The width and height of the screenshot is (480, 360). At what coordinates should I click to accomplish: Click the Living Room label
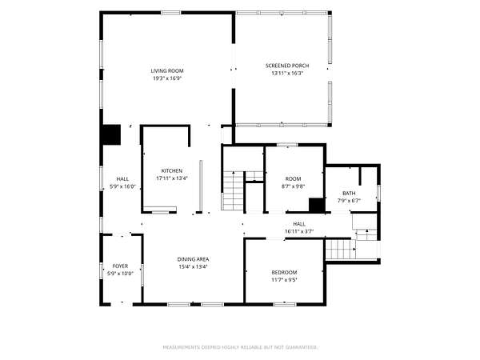coord(167,71)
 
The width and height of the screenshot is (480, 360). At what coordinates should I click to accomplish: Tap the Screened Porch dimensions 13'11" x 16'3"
coord(287,74)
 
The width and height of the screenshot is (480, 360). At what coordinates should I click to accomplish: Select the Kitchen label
coord(172,171)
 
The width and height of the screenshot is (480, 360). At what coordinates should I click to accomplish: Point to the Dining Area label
coord(193,259)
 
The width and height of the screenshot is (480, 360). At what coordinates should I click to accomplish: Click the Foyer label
coord(120,266)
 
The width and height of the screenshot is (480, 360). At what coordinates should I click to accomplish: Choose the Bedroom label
coord(284,273)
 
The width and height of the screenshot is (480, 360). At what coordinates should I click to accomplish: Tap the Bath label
coord(349,194)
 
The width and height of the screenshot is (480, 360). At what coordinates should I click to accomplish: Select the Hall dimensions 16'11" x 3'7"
coord(299,232)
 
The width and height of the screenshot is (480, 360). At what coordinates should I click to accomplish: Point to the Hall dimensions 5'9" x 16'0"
coord(122,186)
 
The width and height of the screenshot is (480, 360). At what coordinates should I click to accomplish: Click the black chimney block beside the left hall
coord(111,134)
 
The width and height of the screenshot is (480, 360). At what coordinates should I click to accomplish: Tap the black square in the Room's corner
coord(317,205)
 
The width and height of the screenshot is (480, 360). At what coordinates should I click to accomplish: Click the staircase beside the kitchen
coord(233,190)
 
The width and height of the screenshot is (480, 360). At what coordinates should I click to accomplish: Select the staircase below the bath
coord(341,249)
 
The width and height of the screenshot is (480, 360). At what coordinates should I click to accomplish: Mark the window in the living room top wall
coord(171,13)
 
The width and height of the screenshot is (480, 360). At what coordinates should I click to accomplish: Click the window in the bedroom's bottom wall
coord(285,304)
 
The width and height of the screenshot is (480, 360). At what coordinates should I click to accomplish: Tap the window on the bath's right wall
coord(378,193)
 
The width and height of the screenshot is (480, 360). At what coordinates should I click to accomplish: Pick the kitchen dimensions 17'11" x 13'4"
coord(172,178)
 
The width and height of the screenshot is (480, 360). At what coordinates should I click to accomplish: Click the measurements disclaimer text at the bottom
coord(240,347)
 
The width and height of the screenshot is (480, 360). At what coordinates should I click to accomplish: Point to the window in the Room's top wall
coord(287,145)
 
